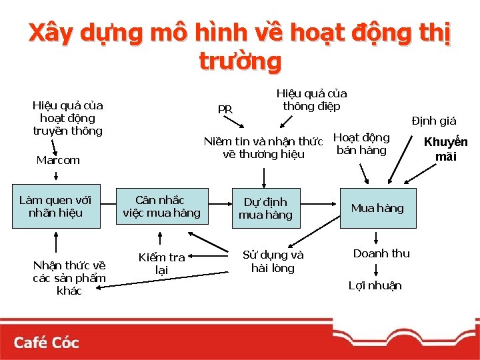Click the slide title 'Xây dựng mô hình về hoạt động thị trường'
pos(240,46)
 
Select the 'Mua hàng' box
pos(377,208)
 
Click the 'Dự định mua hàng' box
pos(265,208)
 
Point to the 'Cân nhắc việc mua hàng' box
pos(161,206)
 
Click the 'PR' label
pos(225,109)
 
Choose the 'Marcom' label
pos(58,160)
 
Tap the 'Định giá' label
pos(434,121)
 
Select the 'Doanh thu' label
pos(381,253)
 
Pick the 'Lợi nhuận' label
pos(375,285)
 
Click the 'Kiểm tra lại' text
pos(161,263)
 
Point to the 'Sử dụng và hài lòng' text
pos(273,261)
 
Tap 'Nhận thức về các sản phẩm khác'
pos(69,278)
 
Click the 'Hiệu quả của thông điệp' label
pos(311,100)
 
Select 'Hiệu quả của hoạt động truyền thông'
pos(67,118)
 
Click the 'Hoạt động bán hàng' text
pos(361,143)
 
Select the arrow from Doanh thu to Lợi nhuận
pos(377,269)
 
